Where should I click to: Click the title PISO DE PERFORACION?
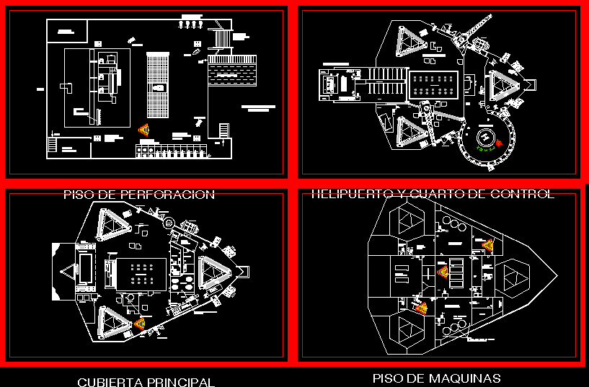point(138,195)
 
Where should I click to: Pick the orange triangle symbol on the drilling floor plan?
point(143,129)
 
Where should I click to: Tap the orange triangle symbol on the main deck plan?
point(139,324)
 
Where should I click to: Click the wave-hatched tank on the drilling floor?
point(231,72)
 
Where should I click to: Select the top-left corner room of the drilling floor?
point(67,31)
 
